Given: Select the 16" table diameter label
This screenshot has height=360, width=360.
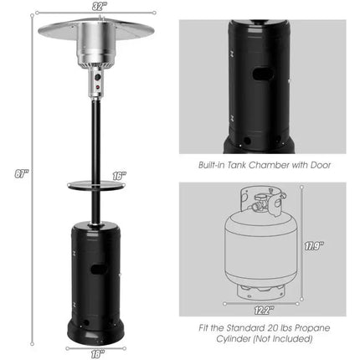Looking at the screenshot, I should pyautogui.click(x=119, y=176).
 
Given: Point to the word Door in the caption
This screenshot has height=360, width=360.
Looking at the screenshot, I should pyautogui.click(x=319, y=166).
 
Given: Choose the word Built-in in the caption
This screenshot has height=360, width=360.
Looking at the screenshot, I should pyautogui.click(x=211, y=166).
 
